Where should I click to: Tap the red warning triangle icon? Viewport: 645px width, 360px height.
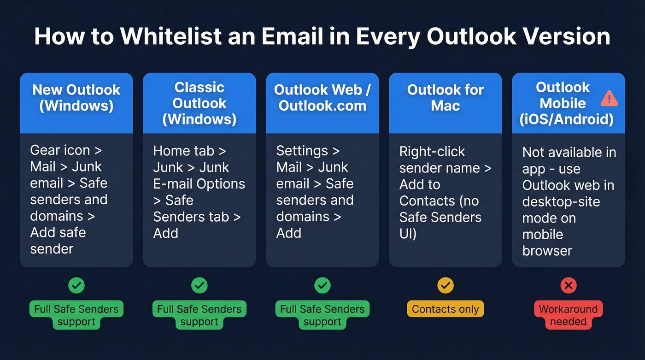[x=609, y=98]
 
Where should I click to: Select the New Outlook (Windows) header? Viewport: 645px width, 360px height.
[x=76, y=97]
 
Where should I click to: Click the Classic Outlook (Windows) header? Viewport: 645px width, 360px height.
[x=199, y=103]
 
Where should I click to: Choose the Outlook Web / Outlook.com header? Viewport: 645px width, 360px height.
[x=322, y=97]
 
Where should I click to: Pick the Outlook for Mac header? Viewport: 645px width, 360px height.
[x=446, y=97]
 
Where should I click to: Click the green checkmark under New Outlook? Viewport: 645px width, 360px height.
[x=76, y=286]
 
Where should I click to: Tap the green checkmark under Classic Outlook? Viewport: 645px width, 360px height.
[x=199, y=286]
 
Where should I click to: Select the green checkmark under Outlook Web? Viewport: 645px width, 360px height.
[x=322, y=286]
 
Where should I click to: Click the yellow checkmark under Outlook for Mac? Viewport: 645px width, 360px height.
[x=446, y=286]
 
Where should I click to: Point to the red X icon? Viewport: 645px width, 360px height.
[x=569, y=286]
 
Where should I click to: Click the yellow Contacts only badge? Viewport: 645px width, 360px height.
[x=446, y=309]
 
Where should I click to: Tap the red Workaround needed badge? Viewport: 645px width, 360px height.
[x=569, y=315]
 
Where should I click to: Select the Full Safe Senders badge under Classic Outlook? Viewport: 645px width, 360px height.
[x=199, y=315]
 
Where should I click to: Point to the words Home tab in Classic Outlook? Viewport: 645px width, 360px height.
[x=183, y=151]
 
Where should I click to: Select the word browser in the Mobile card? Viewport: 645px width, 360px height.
[x=547, y=251]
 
